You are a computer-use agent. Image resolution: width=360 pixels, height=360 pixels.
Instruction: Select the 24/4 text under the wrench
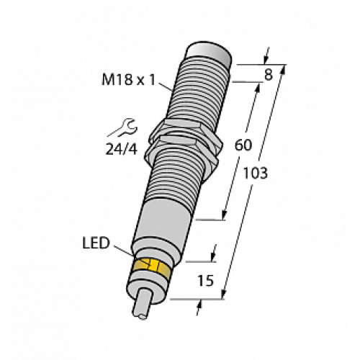click(x=119, y=149)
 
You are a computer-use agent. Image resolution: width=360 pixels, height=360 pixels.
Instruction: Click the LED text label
click(x=97, y=244)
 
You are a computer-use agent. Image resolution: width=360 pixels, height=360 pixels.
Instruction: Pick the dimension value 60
click(x=244, y=145)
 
